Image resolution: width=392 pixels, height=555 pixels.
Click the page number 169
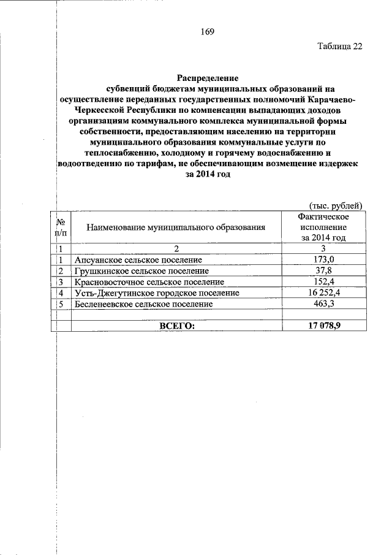click(x=206, y=32)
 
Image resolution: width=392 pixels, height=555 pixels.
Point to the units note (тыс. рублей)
click(x=334, y=205)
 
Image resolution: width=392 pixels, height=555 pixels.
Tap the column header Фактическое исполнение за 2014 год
click(x=323, y=227)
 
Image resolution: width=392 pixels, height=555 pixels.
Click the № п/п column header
click(x=61, y=227)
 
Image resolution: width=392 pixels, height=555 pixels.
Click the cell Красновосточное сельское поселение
click(x=148, y=281)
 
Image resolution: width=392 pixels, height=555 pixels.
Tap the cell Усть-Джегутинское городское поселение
click(x=156, y=293)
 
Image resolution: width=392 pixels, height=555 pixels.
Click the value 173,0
click(x=323, y=259)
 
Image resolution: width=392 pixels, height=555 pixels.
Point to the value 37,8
click(x=323, y=270)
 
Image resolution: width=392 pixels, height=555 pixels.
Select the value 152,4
click(x=323, y=281)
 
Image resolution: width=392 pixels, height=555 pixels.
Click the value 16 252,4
click(x=323, y=293)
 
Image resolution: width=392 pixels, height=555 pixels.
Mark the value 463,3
click(x=323, y=304)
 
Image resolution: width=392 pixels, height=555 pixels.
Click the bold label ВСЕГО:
click(x=176, y=326)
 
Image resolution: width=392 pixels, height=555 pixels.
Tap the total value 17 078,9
click(x=323, y=326)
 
